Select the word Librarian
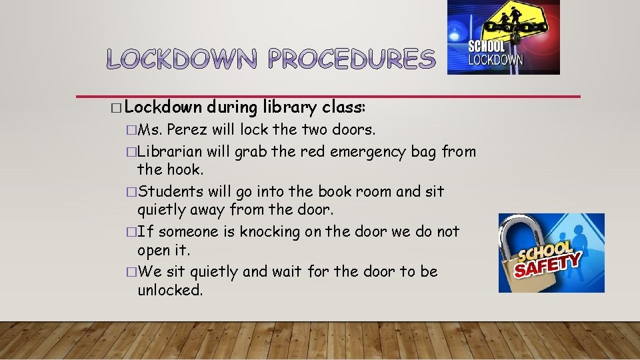(170, 151)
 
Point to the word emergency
(363, 151)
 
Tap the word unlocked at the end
(169, 290)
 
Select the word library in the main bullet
(289, 107)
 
